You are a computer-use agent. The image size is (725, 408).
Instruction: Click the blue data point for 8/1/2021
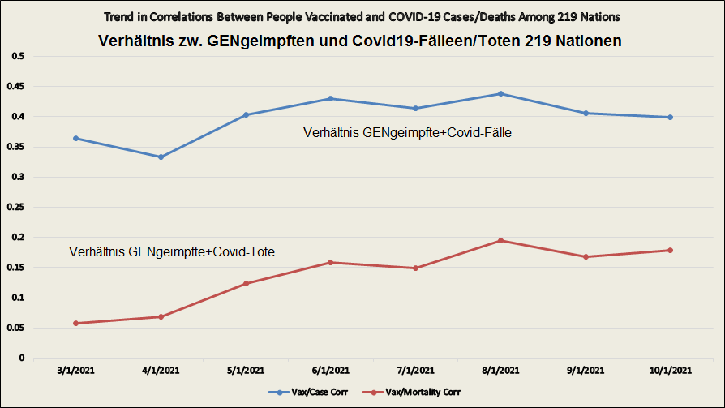coord(501,94)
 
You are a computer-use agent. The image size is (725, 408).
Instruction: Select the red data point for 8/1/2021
coord(501,240)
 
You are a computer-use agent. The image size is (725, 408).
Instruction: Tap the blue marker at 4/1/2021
coord(161,157)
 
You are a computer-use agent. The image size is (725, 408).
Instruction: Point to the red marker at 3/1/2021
coord(76,323)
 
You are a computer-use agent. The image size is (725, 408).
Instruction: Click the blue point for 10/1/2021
coord(670,118)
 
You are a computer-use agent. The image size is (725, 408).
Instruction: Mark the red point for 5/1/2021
coord(246,283)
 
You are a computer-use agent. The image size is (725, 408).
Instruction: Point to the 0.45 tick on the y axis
coord(16,87)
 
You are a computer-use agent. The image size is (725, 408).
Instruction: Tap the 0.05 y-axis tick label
coord(16,328)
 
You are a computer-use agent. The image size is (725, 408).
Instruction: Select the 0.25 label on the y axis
coord(16,207)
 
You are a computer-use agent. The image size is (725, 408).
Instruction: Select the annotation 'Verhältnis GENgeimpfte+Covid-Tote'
coord(172,252)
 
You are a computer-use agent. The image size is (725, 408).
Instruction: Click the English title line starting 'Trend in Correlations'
coord(361,17)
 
